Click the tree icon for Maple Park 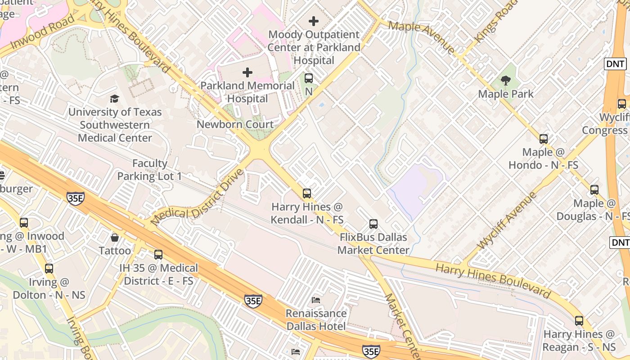(506, 81)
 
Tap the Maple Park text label (506, 94)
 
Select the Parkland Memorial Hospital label (247, 92)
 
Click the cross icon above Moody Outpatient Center (314, 21)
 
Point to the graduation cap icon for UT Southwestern (115, 99)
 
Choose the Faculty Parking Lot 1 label (150, 170)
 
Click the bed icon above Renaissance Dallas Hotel (316, 300)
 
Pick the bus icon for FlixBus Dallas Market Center (373, 224)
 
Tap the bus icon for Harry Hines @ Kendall (307, 193)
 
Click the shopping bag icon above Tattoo (115, 237)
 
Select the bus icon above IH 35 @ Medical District (158, 254)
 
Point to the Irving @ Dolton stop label (49, 289)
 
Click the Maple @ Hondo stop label (543, 159)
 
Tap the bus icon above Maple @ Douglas (594, 190)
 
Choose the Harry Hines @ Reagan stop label (579, 341)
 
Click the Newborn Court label (235, 125)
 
